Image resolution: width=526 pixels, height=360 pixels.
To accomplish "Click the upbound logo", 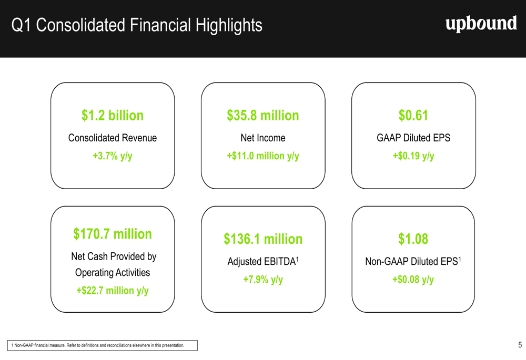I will pos(481,24).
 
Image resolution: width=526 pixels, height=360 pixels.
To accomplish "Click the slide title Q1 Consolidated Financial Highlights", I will pos(137,25).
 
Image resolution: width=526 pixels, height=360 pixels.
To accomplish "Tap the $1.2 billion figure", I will pos(113,116).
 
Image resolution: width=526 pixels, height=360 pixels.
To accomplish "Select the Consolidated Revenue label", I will pos(113,138).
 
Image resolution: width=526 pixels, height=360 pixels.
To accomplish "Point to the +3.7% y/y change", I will pos(113,156).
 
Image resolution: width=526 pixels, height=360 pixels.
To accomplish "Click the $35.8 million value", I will pos(263,116).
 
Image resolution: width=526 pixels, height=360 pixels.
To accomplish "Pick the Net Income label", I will pos(263,138).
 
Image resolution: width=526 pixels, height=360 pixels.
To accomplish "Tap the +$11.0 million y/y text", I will pos(263,156).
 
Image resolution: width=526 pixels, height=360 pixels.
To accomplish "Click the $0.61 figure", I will pos(413,116).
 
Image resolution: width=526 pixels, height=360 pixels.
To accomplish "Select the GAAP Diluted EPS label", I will pos(413,138).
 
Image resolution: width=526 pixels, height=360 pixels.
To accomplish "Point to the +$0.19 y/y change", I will pos(413,156).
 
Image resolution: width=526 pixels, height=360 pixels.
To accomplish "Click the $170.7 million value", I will pos(113,234).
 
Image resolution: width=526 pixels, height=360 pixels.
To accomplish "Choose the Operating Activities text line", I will pos(113,273).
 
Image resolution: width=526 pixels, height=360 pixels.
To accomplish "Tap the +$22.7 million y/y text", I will pos(113,291).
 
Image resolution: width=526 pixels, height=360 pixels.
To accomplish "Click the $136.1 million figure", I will pos(263,239).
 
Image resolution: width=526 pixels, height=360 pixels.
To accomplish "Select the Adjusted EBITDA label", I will pos(262,262).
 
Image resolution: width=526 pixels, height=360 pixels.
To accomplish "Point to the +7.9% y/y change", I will pos(263,280).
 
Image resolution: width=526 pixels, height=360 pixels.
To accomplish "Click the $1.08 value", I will pos(413,239).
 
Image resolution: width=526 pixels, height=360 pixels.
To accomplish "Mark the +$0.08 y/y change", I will pos(413,280).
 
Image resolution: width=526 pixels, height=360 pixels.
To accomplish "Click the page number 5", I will pos(520,345).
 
